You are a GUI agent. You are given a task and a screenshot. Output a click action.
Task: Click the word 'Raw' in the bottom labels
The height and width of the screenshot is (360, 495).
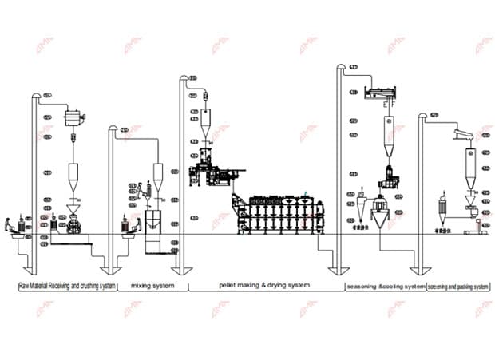click(x=24, y=286)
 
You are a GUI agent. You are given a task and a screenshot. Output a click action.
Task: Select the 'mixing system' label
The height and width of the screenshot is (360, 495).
click(x=152, y=286)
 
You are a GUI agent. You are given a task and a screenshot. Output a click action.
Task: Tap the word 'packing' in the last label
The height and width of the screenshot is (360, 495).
click(x=464, y=286)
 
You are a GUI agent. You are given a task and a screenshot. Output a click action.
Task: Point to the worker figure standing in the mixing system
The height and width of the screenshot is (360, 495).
click(x=137, y=192)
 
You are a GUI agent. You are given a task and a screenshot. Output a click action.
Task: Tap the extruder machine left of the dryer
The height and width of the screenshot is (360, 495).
click(x=209, y=172)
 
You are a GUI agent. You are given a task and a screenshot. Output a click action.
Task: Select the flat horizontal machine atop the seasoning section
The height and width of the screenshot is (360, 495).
click(x=388, y=93)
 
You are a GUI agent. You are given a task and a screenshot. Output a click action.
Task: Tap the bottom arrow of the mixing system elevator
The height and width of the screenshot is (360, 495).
click(x=117, y=270)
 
